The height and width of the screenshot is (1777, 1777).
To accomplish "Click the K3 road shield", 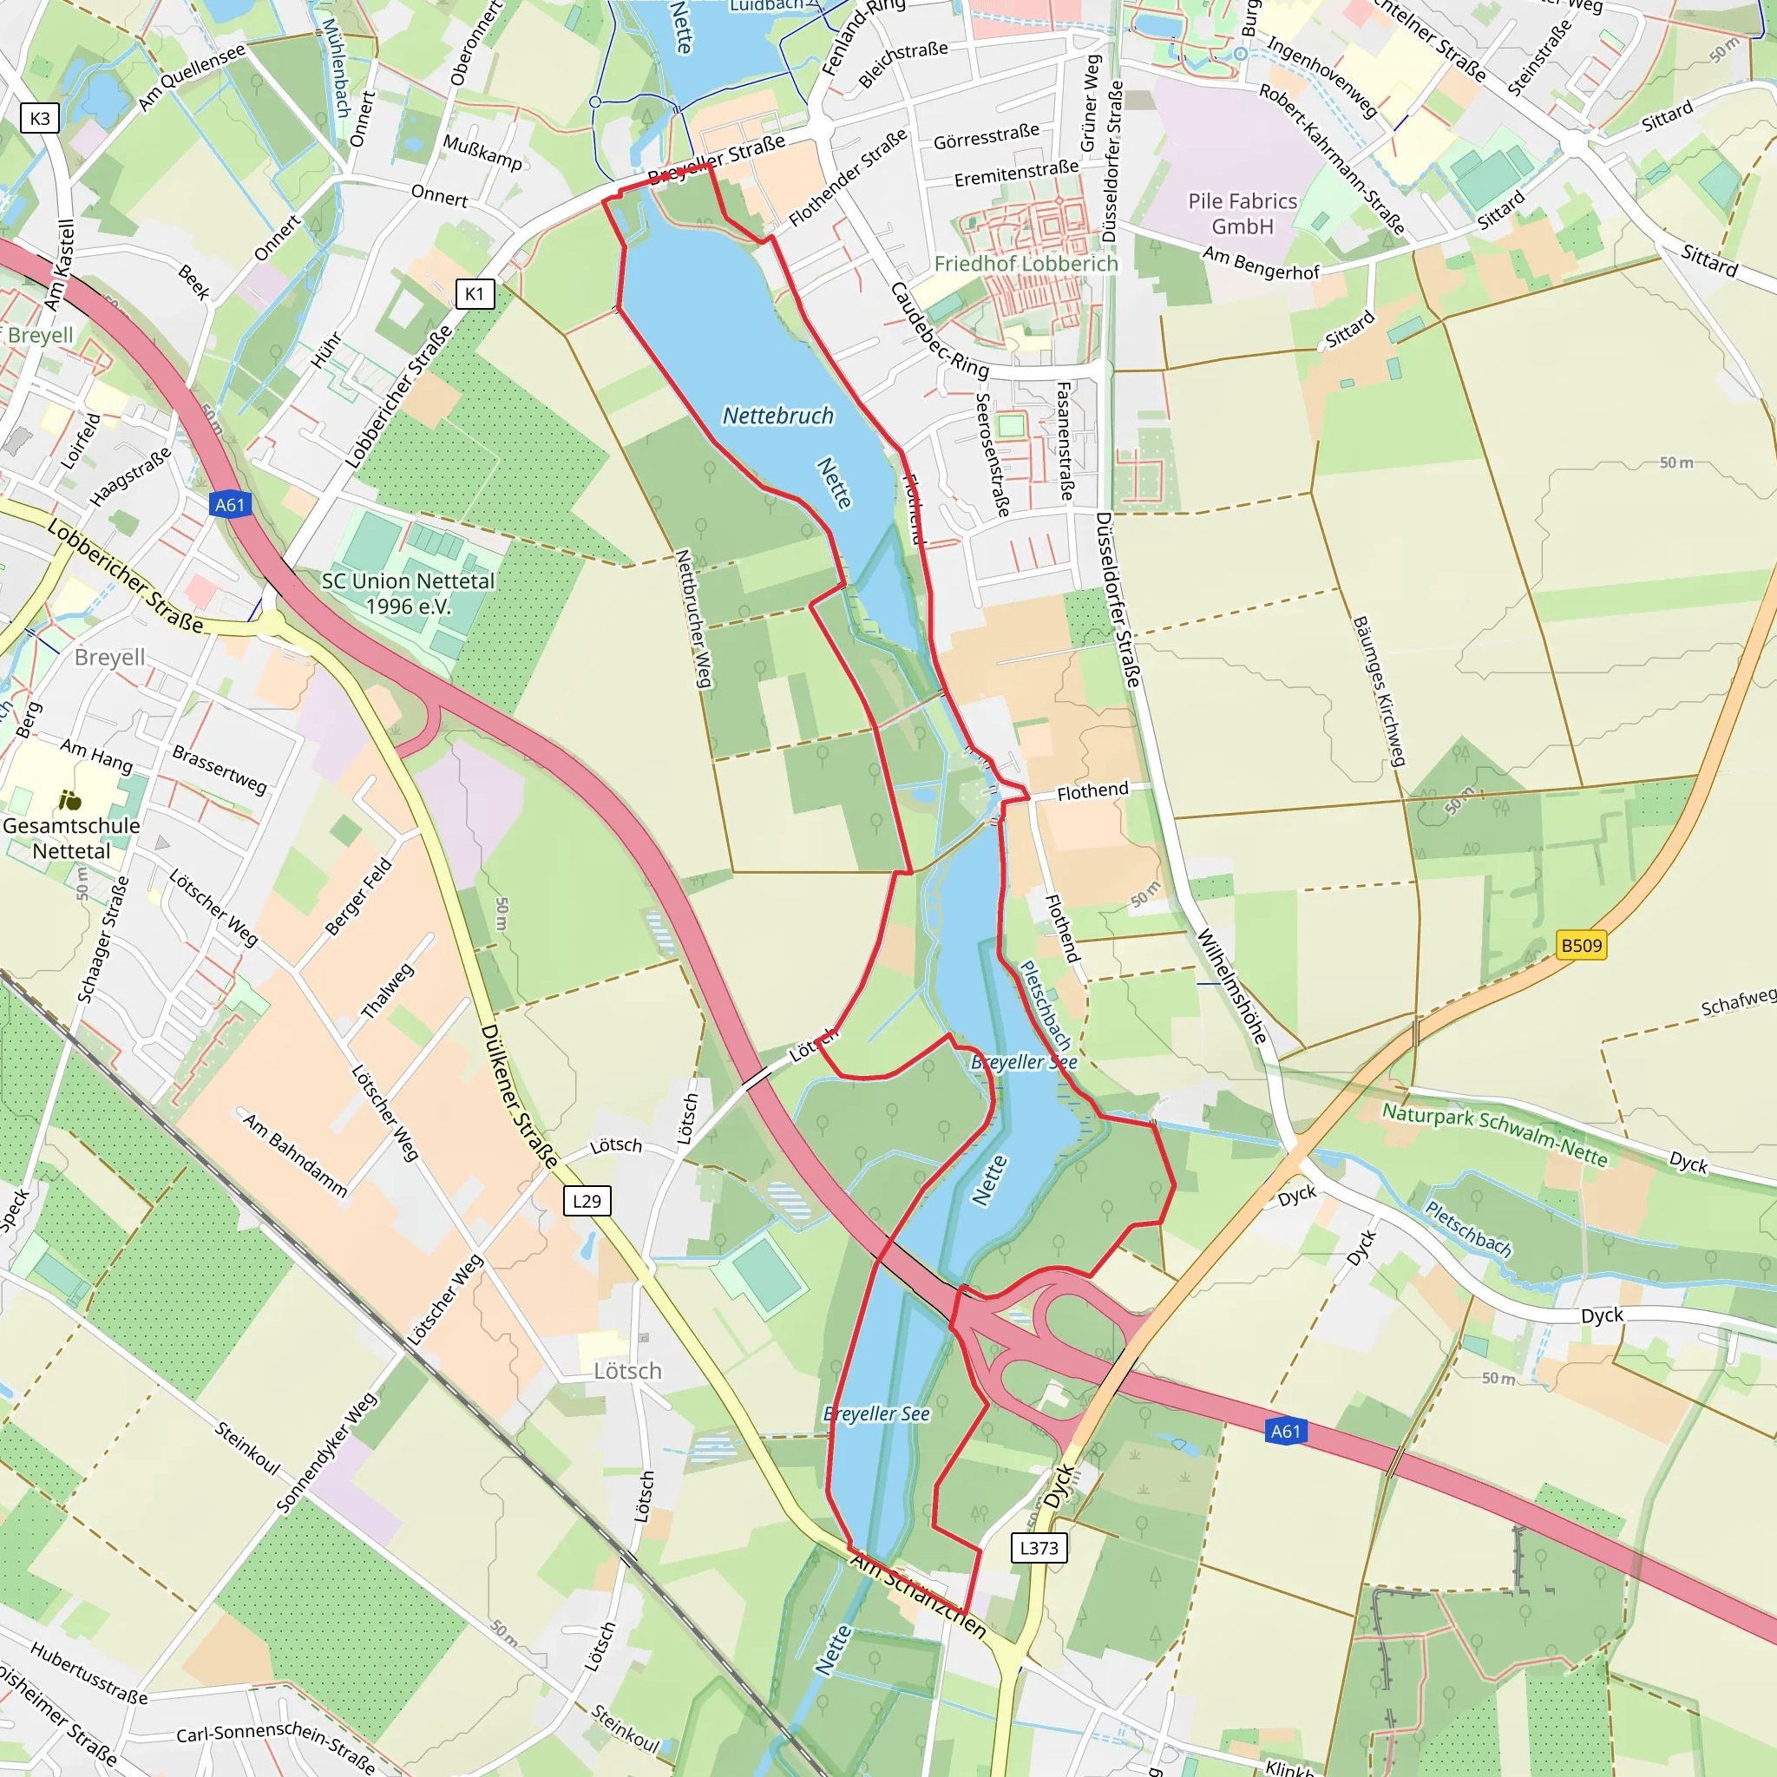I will pyautogui.click(x=40, y=119).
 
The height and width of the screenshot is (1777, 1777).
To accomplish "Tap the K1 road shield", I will pyautogui.click(x=475, y=293).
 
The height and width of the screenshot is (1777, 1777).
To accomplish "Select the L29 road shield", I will pyautogui.click(x=587, y=1200).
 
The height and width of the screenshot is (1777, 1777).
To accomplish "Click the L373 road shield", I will pyautogui.click(x=1039, y=1548).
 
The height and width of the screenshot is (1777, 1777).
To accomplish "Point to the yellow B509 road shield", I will pyautogui.click(x=1581, y=946).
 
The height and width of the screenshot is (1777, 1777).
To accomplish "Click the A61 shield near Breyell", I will pyautogui.click(x=230, y=504).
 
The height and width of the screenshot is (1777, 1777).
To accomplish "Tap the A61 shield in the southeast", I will pyautogui.click(x=1286, y=1431).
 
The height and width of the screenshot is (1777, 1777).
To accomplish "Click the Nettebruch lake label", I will pyautogui.click(x=778, y=416).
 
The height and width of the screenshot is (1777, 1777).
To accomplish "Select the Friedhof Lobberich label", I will pyautogui.click(x=1026, y=264).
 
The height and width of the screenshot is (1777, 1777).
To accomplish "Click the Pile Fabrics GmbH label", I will pyautogui.click(x=1242, y=213).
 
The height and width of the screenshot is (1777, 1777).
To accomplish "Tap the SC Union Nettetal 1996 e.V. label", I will pyautogui.click(x=408, y=593).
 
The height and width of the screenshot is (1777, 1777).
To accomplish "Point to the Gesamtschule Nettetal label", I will pyautogui.click(x=71, y=838).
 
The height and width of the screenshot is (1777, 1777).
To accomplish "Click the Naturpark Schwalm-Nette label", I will pyautogui.click(x=1495, y=1136).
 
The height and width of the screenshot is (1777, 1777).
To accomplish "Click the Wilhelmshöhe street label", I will pyautogui.click(x=1232, y=986).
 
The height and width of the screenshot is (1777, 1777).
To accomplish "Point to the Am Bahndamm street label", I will pyautogui.click(x=295, y=1154).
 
